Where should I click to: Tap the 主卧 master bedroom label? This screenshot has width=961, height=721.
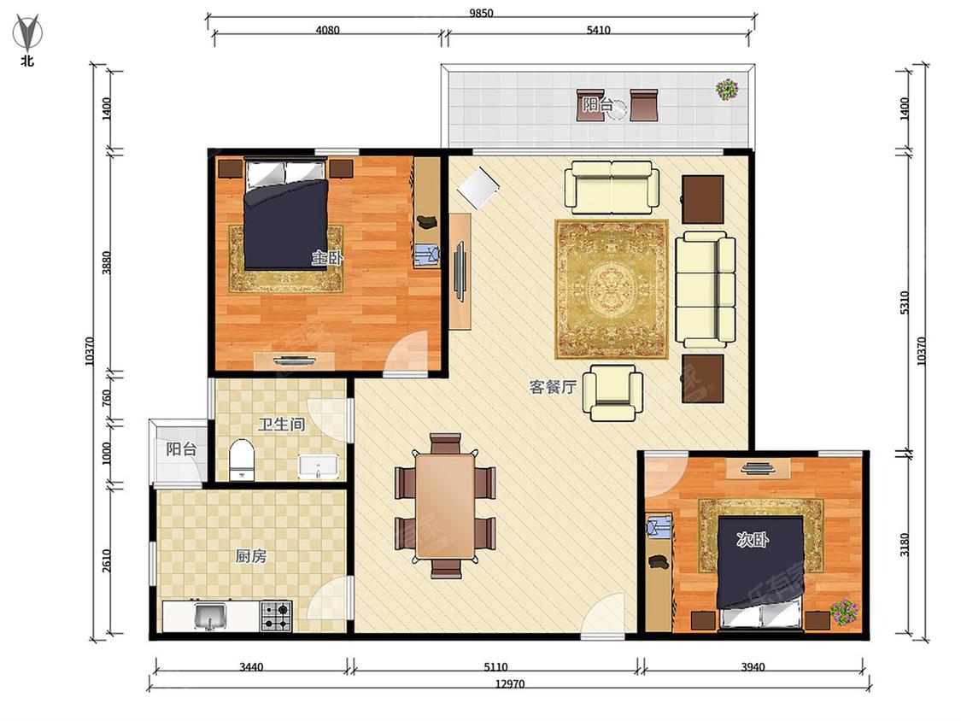(326, 257)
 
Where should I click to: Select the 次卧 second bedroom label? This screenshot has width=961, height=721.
(752, 540)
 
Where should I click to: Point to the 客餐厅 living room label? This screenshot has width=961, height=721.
(553, 387)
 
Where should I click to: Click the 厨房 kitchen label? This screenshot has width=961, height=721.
(250, 556)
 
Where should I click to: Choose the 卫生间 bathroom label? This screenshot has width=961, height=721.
(281, 424)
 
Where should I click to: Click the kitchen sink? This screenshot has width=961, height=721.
(209, 616)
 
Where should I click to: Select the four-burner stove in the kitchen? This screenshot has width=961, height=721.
(276, 616)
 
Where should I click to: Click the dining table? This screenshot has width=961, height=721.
(445, 506)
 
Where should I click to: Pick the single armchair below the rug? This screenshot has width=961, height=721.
(612, 392)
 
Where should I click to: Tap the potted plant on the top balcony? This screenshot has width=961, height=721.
(727, 90)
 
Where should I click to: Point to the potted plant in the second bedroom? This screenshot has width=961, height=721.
(844, 613)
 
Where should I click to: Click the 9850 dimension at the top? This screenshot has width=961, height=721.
(481, 13)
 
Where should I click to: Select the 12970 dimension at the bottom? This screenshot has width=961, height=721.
(510, 683)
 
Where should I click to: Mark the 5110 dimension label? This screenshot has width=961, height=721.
(495, 666)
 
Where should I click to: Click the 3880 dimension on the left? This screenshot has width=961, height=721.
(106, 262)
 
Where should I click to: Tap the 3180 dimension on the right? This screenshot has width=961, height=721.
(904, 545)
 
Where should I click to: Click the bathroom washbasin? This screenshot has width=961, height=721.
(318, 466)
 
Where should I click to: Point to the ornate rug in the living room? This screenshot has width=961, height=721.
(611, 290)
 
